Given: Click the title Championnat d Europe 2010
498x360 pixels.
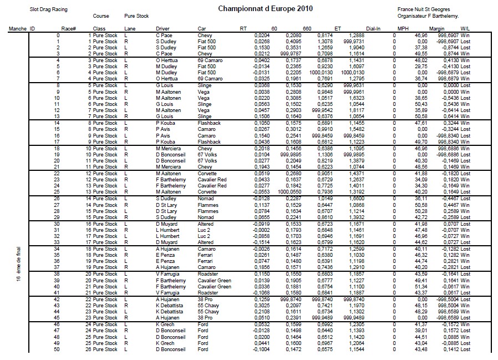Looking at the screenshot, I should point(265,9).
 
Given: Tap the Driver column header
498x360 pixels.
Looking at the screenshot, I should point(162,28).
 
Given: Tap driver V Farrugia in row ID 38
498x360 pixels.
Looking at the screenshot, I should point(167,273).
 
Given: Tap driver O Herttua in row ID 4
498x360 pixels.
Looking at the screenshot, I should point(167,60).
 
